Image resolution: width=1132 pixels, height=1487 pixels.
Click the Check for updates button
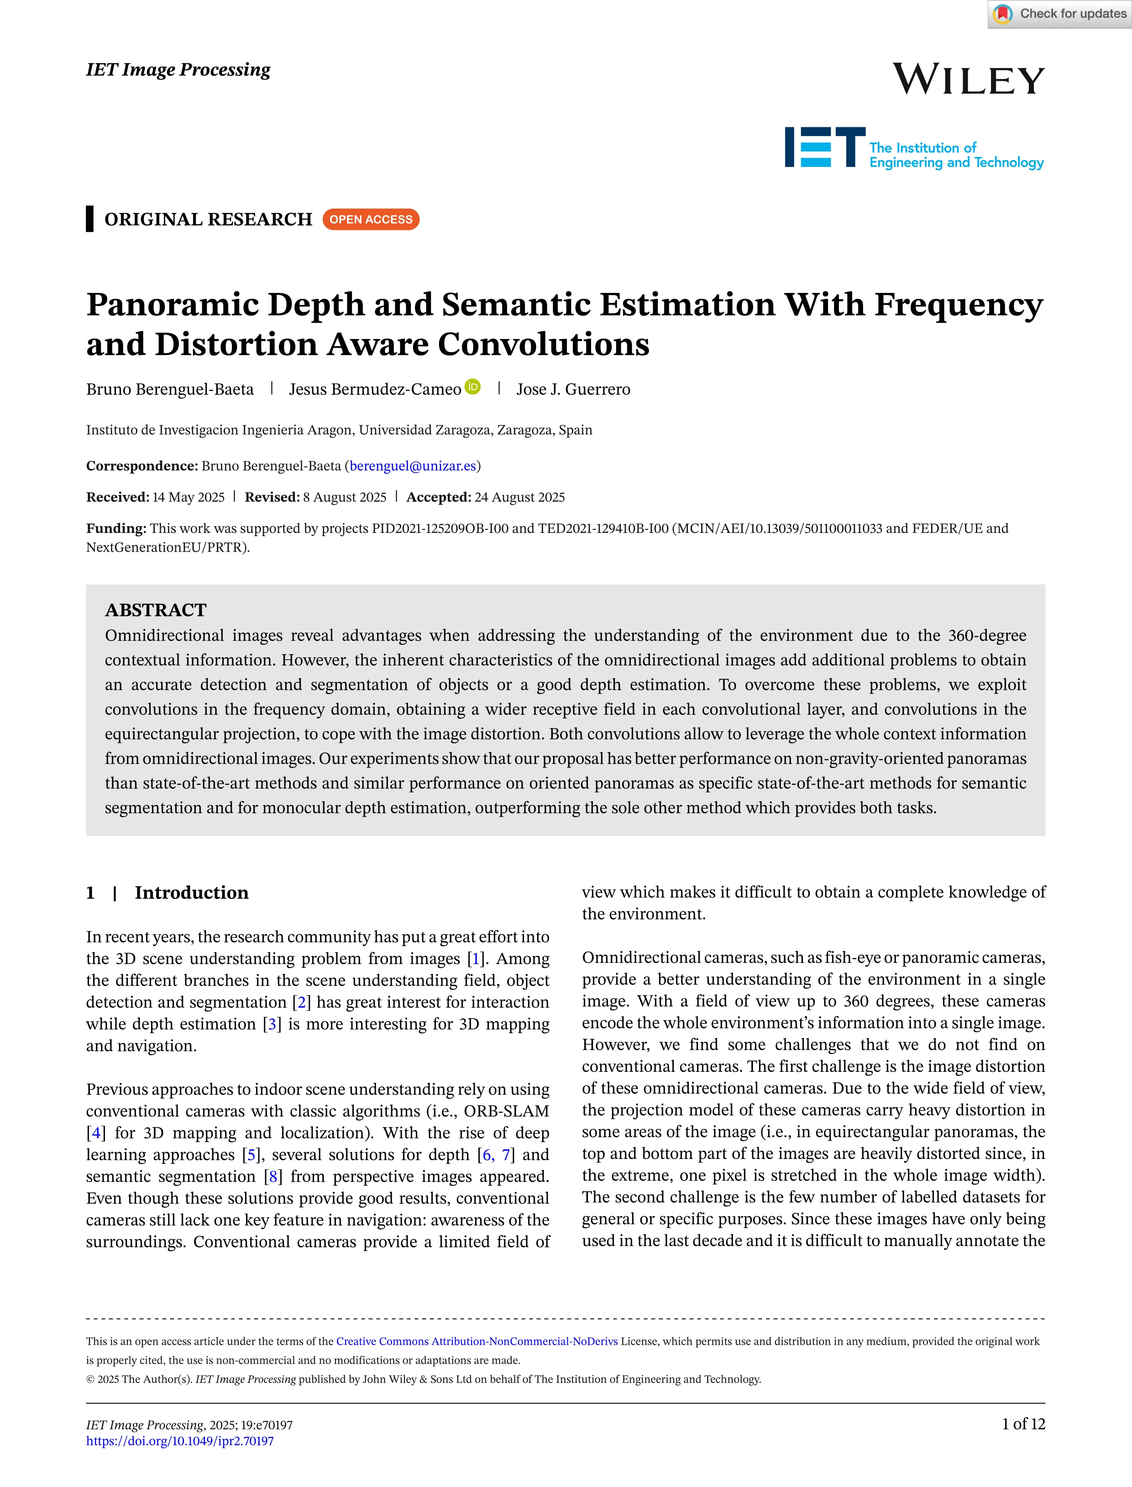[x=1059, y=14]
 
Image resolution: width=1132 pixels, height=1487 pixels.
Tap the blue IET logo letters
[x=825, y=147]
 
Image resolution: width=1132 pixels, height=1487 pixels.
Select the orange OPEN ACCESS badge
[x=371, y=219]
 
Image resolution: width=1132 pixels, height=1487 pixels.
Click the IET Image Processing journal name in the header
[x=178, y=69]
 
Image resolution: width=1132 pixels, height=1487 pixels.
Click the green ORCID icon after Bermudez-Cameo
[x=473, y=386]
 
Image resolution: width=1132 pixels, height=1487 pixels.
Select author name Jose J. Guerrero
[x=573, y=389]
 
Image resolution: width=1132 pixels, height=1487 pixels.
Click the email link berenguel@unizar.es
[x=412, y=466]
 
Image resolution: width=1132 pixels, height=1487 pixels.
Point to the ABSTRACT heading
[x=156, y=610]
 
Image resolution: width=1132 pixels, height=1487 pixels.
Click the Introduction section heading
[x=191, y=892]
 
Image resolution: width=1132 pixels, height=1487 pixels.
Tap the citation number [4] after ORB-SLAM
[x=96, y=1133]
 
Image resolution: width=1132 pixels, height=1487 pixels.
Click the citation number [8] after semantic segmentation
[x=273, y=1177]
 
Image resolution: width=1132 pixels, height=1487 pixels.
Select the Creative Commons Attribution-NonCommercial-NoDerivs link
[x=477, y=1341]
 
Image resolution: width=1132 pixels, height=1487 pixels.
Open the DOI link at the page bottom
[x=180, y=1441]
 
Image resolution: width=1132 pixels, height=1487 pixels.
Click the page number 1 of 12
[x=1023, y=1424]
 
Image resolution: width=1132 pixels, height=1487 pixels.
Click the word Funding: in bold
[x=116, y=529]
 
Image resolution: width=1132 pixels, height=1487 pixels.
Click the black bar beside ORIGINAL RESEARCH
[x=89, y=219]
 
